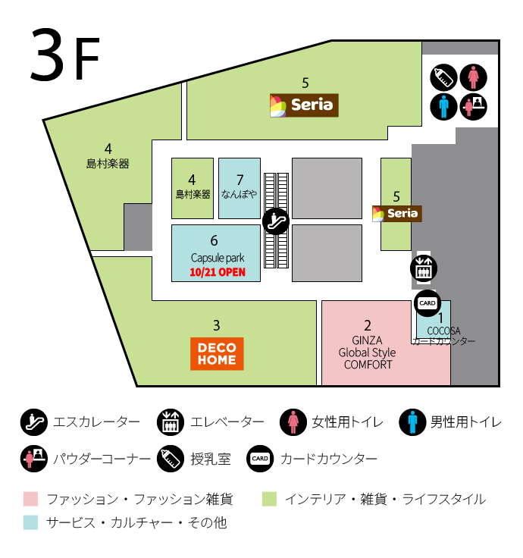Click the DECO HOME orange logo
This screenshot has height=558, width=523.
click(217, 353)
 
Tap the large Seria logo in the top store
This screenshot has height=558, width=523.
click(304, 105)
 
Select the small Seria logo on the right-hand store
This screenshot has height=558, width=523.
click(396, 213)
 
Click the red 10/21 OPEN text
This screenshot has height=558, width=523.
click(218, 272)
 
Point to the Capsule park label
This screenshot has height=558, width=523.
click(216, 258)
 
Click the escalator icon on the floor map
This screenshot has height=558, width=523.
click(276, 221)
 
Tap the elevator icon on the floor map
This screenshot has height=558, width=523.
click(422, 267)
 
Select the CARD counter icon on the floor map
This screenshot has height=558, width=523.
click(427, 303)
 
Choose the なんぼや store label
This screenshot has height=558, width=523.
click(240, 194)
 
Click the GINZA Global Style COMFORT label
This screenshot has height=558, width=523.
click(368, 353)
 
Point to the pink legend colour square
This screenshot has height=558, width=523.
click(30, 499)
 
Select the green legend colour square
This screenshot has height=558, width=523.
click(269, 499)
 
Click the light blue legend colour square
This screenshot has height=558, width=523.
click(30, 522)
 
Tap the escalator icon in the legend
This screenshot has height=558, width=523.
click(33, 422)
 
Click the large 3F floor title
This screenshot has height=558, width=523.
click(65, 58)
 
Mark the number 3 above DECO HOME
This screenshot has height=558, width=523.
click(217, 325)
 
